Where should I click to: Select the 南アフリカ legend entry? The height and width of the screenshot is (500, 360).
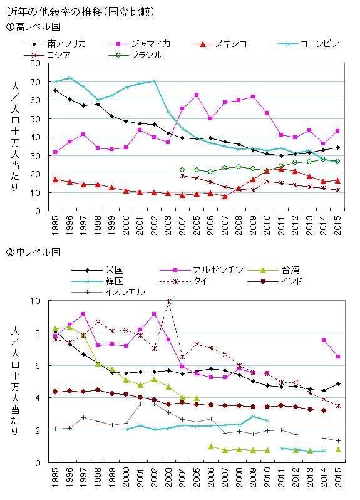point(55,44)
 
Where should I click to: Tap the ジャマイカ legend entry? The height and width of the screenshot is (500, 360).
point(140,44)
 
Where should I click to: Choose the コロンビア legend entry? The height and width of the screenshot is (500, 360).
point(309,44)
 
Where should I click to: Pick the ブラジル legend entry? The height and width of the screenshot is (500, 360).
point(135,55)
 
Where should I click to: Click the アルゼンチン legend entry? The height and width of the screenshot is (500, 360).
point(202,270)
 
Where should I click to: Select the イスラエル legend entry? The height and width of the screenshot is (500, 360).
point(108,292)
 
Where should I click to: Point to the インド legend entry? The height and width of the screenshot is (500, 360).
point(275,281)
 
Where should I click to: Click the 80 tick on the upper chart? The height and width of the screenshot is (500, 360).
point(36,63)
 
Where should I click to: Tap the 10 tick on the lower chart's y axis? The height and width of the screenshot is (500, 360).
point(36,301)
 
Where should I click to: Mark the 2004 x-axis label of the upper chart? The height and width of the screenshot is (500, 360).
point(183,225)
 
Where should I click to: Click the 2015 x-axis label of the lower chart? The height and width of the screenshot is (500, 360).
point(337,477)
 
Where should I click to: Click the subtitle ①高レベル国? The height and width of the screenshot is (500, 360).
point(33,26)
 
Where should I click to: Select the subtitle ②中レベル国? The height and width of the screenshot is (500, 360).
point(33,253)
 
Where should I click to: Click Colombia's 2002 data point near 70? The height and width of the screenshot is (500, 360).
point(154,81)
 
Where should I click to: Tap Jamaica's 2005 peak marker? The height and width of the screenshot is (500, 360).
point(197,95)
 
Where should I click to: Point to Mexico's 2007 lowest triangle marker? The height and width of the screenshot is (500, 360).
point(225,197)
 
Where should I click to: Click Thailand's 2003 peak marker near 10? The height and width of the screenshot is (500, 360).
point(169,301)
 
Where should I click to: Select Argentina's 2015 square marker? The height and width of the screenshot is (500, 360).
point(338,356)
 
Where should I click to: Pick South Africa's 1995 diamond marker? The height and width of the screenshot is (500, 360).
point(56,91)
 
